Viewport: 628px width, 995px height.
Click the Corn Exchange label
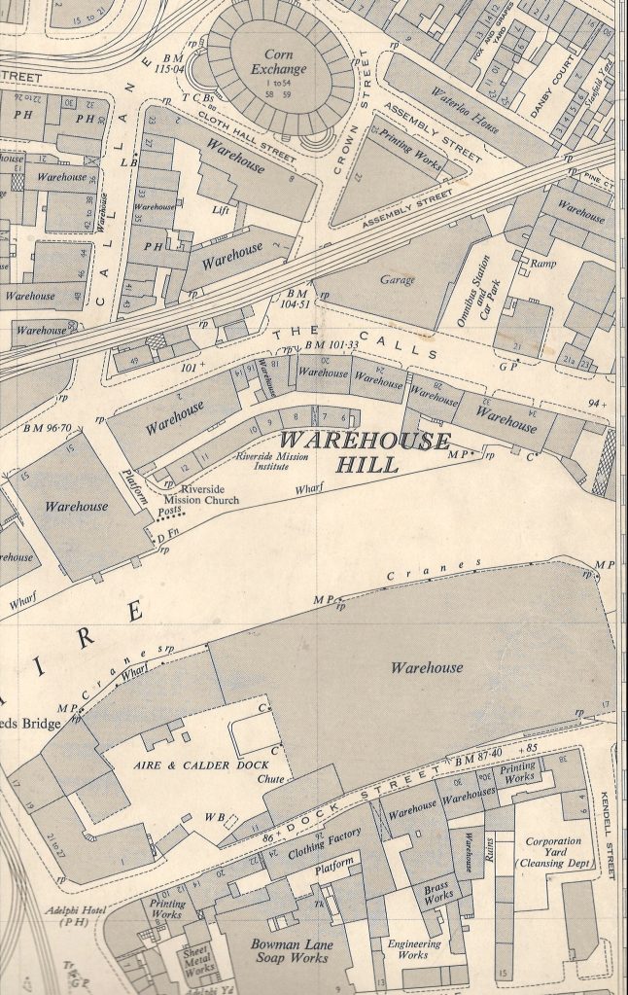point(278,62)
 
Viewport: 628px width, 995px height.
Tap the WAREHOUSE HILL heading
point(367,452)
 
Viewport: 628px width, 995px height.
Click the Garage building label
point(397,280)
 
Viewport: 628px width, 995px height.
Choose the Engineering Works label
point(414,949)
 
